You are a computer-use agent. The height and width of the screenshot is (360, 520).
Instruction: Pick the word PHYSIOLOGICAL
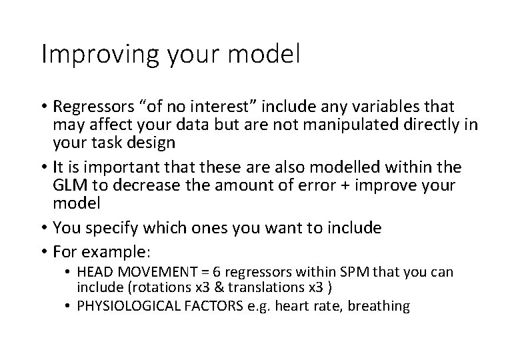click(x=124, y=306)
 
